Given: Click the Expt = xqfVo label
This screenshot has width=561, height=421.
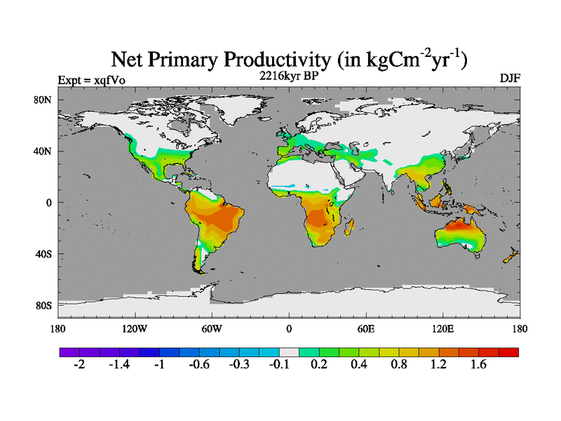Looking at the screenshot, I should tap(92, 79).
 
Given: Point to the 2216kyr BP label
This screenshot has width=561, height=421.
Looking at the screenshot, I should tap(288, 76).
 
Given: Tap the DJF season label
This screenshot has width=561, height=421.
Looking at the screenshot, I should tap(509, 78).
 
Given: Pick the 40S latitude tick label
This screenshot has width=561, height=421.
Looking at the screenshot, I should tap(43, 254).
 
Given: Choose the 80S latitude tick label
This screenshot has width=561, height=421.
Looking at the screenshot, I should tap(43, 306).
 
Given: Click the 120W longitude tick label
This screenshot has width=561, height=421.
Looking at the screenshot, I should tap(135, 328).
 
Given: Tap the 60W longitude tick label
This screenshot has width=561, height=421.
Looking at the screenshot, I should tap(212, 328).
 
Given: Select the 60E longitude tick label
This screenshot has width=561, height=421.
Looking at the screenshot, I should tap(366, 328).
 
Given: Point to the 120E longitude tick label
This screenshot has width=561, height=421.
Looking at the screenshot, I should tap(443, 328).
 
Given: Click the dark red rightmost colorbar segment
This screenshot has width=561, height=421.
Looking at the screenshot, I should tap(509, 352).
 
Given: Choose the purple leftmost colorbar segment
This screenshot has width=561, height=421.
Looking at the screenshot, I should tap(69, 352).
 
